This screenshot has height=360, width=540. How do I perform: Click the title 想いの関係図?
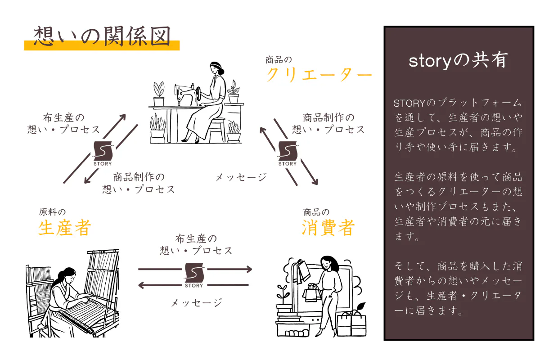[102, 36]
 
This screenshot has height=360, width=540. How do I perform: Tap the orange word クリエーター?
[319, 75]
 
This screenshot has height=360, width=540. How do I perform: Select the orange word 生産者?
[65, 227]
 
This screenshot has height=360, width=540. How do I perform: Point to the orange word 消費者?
[328, 227]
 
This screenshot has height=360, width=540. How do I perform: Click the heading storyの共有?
[458, 60]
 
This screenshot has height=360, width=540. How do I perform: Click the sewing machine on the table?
[188, 95]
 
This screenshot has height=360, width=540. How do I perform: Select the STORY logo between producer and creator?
[103, 153]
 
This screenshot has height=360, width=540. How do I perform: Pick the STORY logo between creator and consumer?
[288, 153]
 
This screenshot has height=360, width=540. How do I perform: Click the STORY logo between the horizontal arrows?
[194, 275]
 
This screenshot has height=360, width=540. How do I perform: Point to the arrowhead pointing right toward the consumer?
[249, 269]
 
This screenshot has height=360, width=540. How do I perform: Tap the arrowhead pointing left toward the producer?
[141, 285]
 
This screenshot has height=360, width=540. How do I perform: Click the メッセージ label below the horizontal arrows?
[197, 302]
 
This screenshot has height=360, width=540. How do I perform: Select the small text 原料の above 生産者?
[52, 212]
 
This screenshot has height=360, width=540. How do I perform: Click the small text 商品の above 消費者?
[316, 212]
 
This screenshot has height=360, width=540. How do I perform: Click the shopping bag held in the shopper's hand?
[312, 293]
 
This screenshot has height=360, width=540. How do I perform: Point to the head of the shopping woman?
[328, 264]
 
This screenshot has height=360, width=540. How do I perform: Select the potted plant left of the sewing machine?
[159, 94]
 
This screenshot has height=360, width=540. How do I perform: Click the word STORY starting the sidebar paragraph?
[409, 103]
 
